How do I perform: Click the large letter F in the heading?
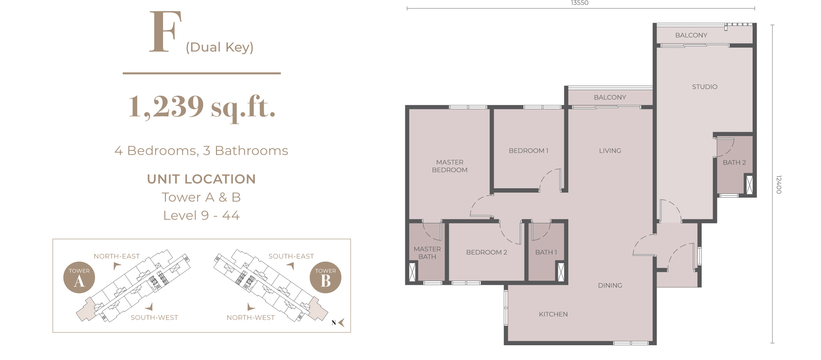(x=165, y=31)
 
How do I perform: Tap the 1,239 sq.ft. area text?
(x=202, y=107)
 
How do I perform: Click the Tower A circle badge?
(x=79, y=277)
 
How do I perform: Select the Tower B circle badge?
(x=325, y=277)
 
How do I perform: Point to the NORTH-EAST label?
(x=117, y=256)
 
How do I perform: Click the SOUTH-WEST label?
(x=154, y=318)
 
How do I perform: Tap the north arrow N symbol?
(x=338, y=323)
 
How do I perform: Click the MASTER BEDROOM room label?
(x=450, y=166)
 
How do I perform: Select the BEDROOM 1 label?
(x=528, y=151)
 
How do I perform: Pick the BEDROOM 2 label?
(x=487, y=252)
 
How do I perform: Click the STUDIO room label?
(x=705, y=87)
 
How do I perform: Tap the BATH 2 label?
(x=734, y=162)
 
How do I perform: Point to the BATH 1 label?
(x=546, y=252)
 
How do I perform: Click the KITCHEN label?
(x=553, y=314)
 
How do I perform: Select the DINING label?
(x=610, y=285)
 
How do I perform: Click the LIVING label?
(x=610, y=151)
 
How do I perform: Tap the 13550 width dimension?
(x=579, y=3)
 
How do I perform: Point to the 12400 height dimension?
(x=779, y=184)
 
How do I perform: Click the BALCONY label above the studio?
(x=691, y=35)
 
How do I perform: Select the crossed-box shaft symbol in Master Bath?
(x=412, y=272)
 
